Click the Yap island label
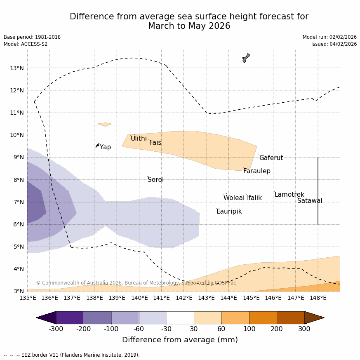105,147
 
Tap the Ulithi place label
139,139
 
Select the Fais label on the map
155,143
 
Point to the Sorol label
155,180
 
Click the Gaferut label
271,158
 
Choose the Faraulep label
256,171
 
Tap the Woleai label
234,198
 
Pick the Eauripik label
229,212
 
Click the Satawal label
310,201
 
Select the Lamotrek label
289,195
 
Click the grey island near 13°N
246,58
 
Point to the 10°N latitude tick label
16,135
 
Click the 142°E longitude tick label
184,298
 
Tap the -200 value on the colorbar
84,329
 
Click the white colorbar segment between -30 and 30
180,318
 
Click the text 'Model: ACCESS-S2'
26,44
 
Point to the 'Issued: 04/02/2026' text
334,44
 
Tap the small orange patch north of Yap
105,124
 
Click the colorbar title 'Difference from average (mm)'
180,340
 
